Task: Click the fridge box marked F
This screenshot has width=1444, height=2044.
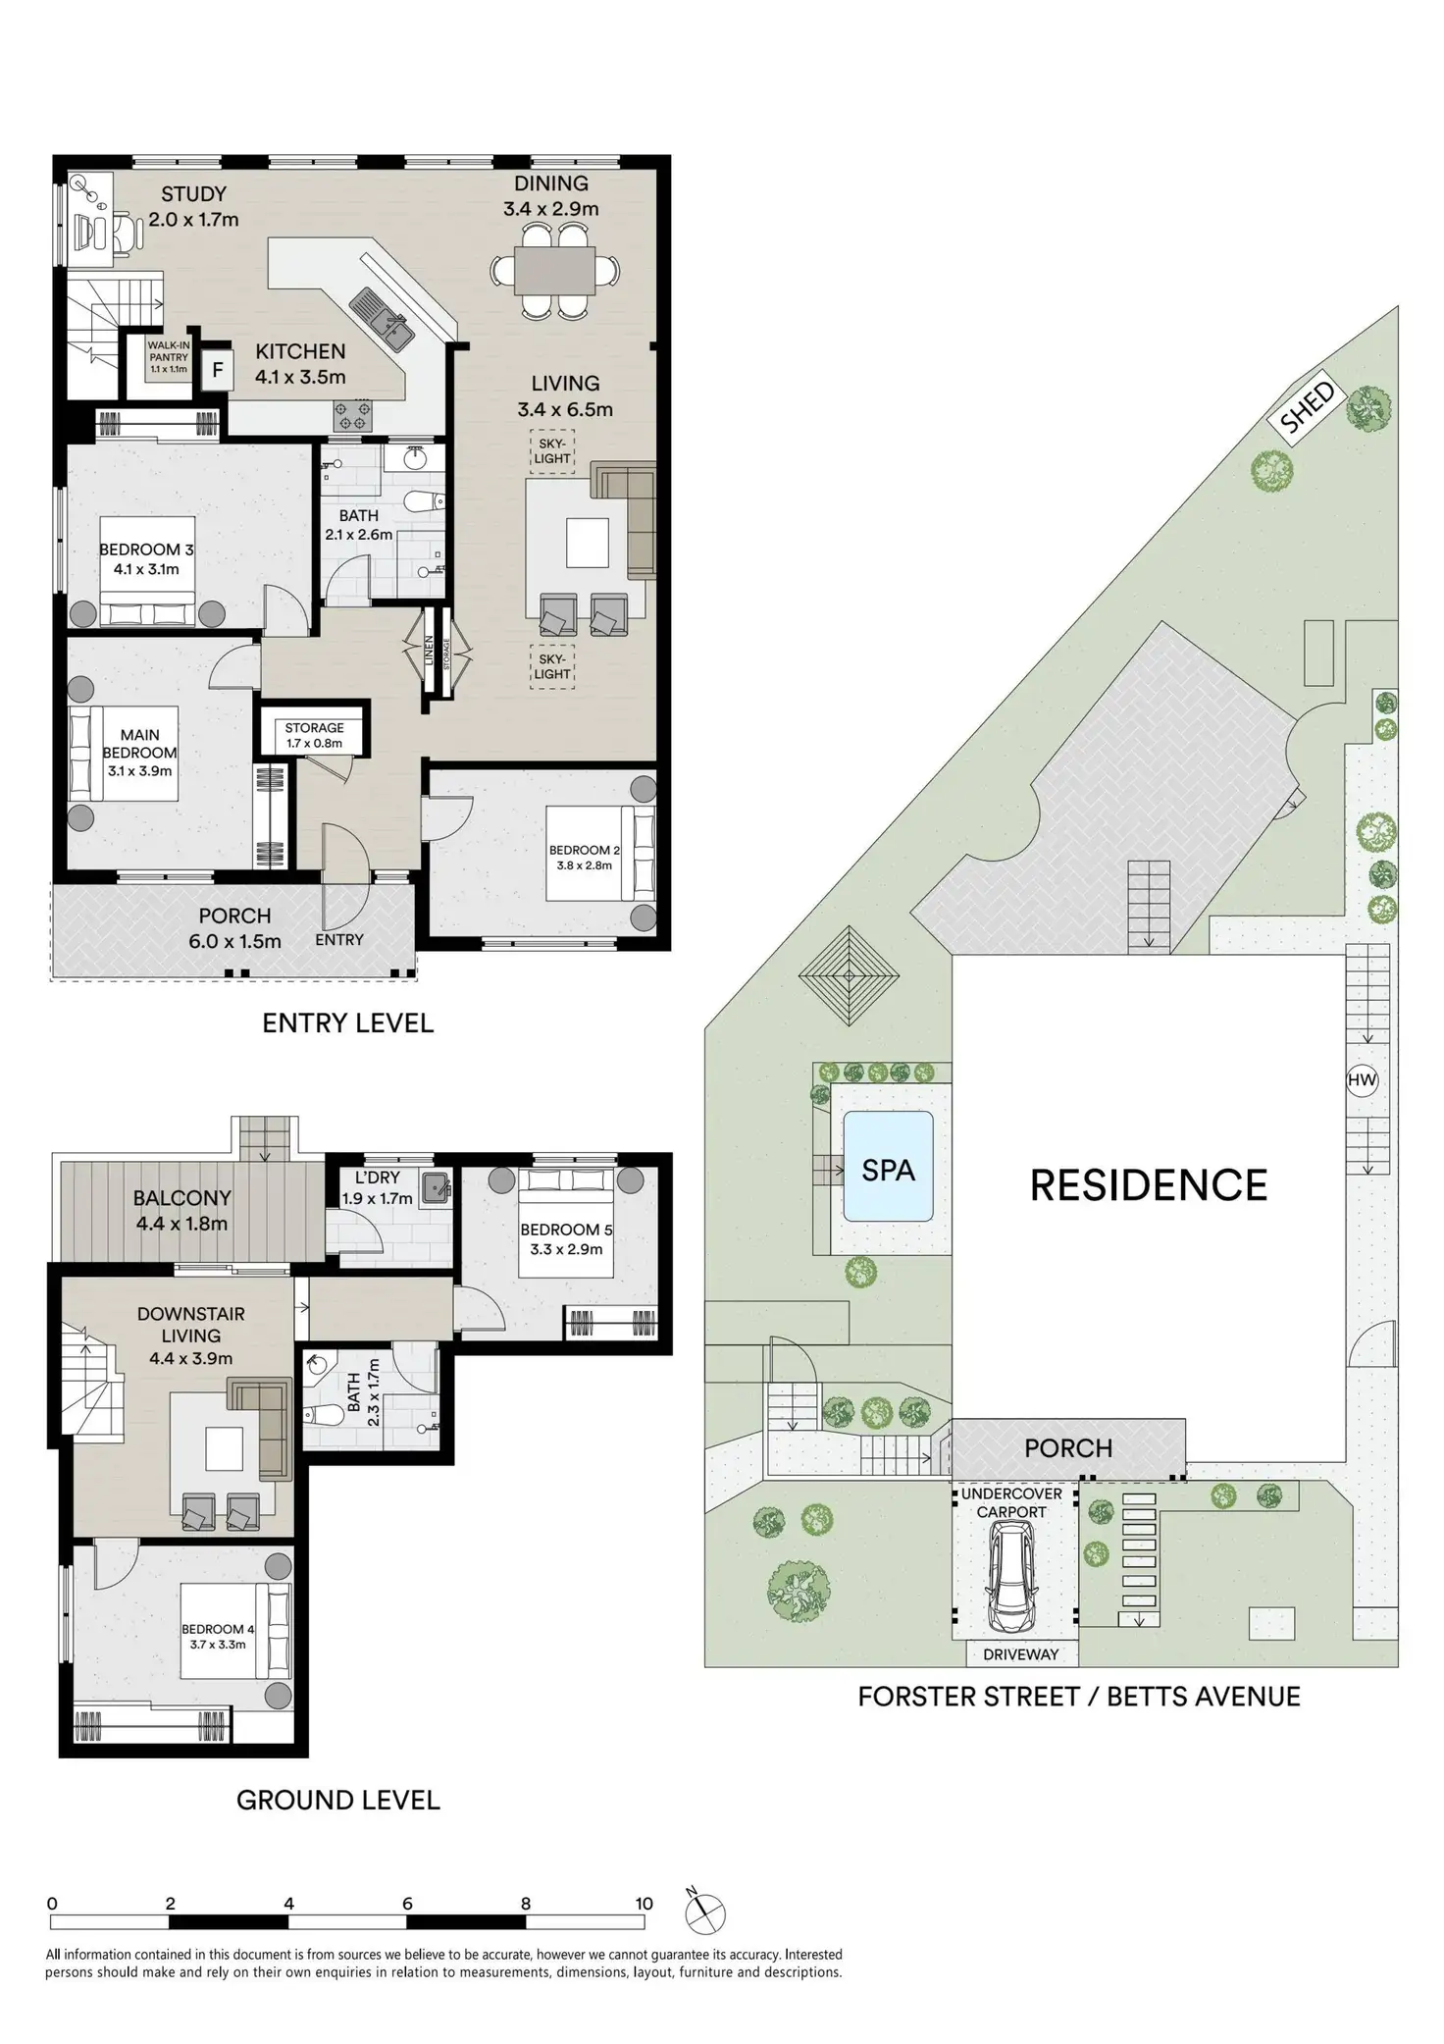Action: pyautogui.click(x=218, y=371)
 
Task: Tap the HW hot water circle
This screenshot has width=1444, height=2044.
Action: pyautogui.click(x=1363, y=1080)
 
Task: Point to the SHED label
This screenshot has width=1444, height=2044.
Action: pyautogui.click(x=1308, y=407)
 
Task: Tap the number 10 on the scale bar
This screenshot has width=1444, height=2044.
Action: pyautogui.click(x=644, y=1904)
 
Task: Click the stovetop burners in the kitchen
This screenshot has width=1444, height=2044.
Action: pyautogui.click(x=352, y=416)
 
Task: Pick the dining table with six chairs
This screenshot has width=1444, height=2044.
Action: pyautogui.click(x=555, y=270)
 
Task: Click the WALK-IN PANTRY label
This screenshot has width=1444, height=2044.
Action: pyautogui.click(x=169, y=357)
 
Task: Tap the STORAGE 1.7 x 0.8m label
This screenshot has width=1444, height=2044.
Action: pyautogui.click(x=314, y=735)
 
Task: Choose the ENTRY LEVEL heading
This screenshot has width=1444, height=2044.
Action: pyautogui.click(x=347, y=1023)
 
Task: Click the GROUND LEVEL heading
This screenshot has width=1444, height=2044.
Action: pyautogui.click(x=337, y=1800)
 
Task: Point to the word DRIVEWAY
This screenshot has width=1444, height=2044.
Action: pyautogui.click(x=1020, y=1654)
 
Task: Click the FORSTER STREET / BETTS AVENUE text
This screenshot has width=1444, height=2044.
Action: pyautogui.click(x=1078, y=1697)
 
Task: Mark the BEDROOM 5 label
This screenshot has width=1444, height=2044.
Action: pyautogui.click(x=566, y=1230)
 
